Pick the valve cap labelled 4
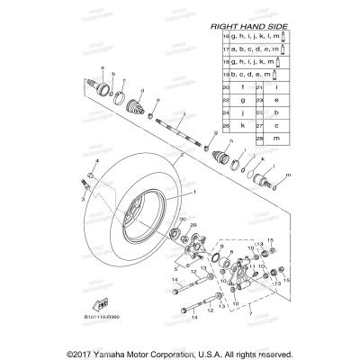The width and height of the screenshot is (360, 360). (x=91, y=172)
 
